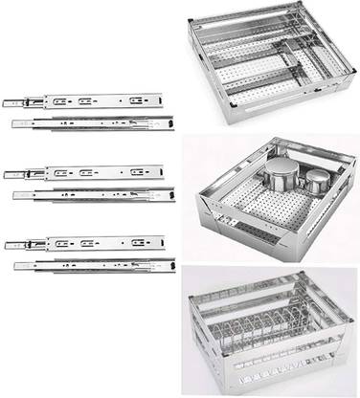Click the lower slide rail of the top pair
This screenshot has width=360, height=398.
click(96, 123)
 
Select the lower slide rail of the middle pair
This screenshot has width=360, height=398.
click(96, 196)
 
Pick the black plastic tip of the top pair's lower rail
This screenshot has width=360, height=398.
click(171, 122)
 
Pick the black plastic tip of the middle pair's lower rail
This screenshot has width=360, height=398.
click(171, 194)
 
